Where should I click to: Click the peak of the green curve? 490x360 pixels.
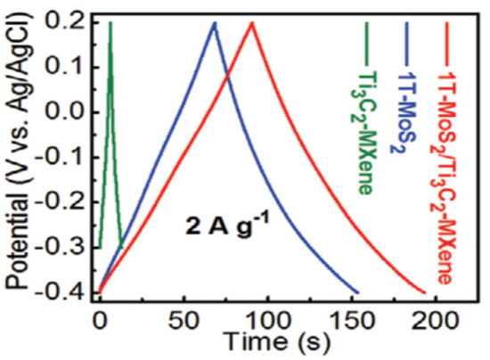(110, 23)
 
